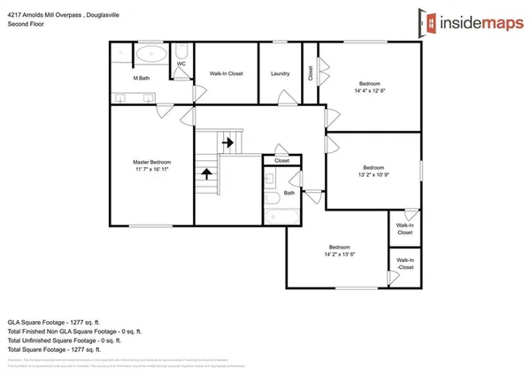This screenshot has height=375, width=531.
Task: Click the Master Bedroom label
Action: tap(151, 162)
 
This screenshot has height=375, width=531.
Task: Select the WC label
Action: tap(181, 65)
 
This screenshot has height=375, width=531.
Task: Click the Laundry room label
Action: tap(281, 73)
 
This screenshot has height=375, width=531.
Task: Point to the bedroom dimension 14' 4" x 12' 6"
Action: tap(371, 88)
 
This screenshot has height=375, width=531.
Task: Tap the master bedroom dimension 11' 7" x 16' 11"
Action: tap(151, 170)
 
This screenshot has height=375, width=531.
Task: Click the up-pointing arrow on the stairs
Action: tap(206, 174)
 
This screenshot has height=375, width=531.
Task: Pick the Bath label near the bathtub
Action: tap(289, 193)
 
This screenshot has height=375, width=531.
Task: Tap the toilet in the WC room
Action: tap(181, 51)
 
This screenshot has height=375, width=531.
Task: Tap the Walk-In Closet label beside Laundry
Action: tap(226, 73)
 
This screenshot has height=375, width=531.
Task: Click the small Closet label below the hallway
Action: tap(281, 161)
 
